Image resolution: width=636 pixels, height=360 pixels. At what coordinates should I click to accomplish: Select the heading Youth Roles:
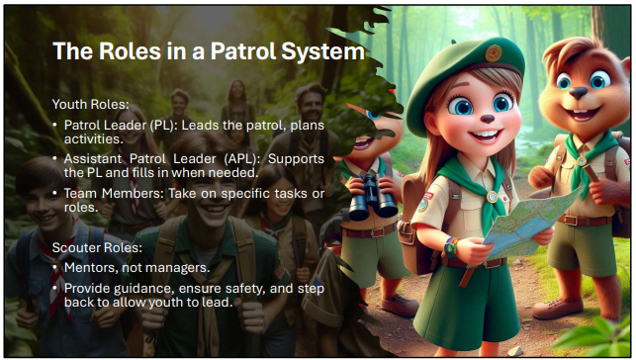[x=90, y=105]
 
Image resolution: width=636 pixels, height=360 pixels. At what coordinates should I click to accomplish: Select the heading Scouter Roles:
[x=97, y=247]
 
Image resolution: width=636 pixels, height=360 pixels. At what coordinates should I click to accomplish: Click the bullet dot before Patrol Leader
[x=55, y=126]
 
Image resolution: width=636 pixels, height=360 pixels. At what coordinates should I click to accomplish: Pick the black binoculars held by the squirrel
[x=372, y=197]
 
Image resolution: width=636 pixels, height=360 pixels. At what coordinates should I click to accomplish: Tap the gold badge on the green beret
[x=494, y=53]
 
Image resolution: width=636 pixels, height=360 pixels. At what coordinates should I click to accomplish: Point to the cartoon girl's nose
[x=488, y=119]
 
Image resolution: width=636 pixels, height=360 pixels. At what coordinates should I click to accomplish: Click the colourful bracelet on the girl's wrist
[x=451, y=247]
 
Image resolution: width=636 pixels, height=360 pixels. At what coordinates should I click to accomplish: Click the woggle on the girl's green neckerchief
[x=492, y=197]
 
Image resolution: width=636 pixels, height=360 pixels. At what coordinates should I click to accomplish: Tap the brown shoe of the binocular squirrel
[x=400, y=305]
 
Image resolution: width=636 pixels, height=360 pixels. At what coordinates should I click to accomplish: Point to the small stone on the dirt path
[x=515, y=351]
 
